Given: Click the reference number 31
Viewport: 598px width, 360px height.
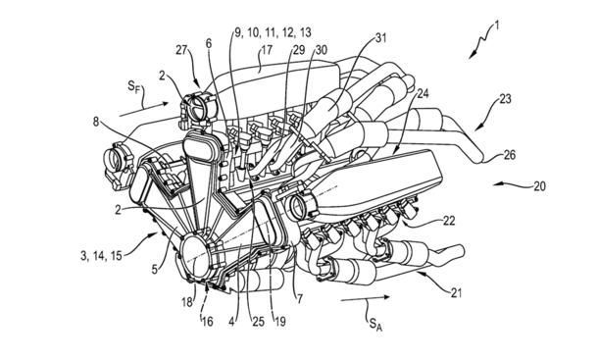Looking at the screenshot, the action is click(381, 38).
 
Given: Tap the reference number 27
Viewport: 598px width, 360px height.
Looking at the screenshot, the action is click(182, 50).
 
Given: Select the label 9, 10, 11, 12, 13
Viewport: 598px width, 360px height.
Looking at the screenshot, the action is click(273, 32).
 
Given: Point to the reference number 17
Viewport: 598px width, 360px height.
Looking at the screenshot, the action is click(267, 50).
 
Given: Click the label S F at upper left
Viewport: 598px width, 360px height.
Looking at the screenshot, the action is click(133, 87).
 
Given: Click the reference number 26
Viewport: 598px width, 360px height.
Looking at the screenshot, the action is click(509, 155).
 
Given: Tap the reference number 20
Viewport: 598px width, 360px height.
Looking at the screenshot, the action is click(539, 186).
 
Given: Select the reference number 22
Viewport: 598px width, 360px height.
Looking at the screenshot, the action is click(449, 221).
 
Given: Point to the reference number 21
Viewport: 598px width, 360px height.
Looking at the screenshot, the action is click(456, 293).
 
